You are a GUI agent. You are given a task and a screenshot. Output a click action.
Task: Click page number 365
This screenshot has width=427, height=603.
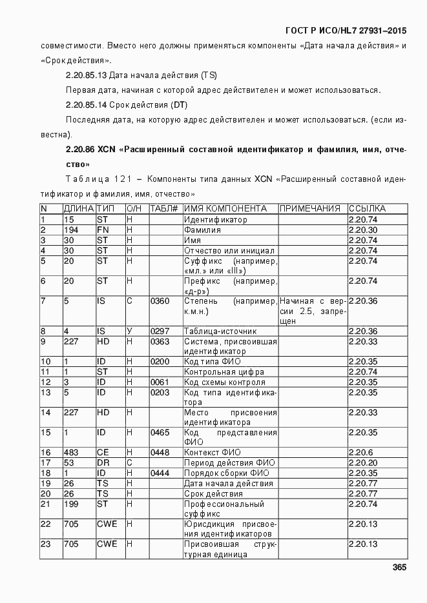(x=399, y=568)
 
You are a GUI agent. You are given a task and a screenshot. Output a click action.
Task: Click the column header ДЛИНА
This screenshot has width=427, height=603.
(x=78, y=209)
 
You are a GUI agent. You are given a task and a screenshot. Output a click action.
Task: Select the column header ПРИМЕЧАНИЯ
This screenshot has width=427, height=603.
(x=310, y=209)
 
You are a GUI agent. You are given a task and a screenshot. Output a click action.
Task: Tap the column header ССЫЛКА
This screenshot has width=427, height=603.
(x=367, y=209)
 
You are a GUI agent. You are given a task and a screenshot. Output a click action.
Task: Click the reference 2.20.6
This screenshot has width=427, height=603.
(x=359, y=453)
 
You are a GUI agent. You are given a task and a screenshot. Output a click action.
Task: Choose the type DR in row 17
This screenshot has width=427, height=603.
(x=103, y=463)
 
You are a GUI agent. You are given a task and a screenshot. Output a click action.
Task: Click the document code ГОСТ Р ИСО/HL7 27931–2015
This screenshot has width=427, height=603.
(x=346, y=30)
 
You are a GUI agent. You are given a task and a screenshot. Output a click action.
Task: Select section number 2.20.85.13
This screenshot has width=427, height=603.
(x=86, y=75)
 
